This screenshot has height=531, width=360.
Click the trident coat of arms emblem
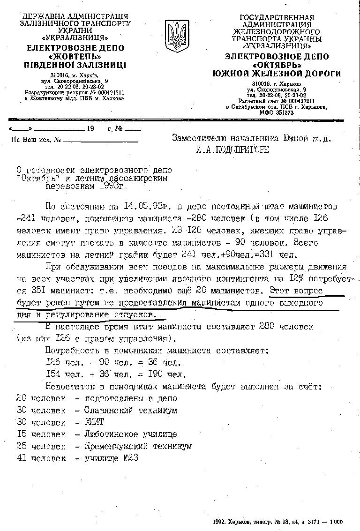point(177,36)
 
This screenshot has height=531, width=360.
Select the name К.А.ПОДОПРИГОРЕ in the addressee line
point(232,150)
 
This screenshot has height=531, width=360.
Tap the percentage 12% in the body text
point(295,278)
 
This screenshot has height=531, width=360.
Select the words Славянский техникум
point(131,410)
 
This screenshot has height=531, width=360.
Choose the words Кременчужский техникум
point(138,447)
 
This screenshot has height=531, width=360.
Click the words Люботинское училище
point(131,434)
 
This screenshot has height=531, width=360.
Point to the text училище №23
point(112,458)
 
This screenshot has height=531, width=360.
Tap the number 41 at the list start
point(21,458)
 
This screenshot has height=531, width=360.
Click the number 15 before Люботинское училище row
point(21,434)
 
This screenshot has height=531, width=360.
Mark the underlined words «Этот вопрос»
point(296,291)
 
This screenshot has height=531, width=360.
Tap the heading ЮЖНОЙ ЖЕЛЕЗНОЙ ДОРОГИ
point(277,74)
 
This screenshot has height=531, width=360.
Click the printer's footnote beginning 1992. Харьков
point(277,522)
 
